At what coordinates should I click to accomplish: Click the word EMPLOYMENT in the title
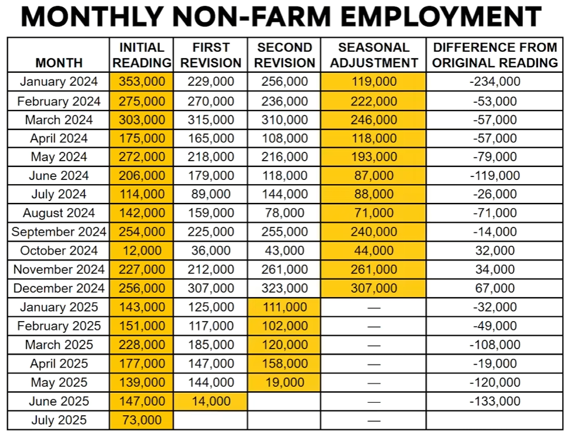click(x=440, y=17)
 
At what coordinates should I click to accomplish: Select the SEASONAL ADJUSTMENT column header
click(x=373, y=55)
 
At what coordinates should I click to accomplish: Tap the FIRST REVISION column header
click(x=211, y=55)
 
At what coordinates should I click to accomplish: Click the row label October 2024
click(x=59, y=251)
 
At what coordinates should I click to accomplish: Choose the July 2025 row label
click(x=59, y=420)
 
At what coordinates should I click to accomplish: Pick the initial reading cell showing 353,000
click(x=142, y=82)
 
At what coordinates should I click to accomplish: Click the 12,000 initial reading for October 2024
click(x=142, y=251)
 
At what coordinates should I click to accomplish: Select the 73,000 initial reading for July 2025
click(x=142, y=420)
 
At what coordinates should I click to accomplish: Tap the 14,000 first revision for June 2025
click(x=211, y=401)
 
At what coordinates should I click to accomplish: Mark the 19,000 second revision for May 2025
click(x=285, y=382)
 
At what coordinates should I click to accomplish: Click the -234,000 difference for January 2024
click(x=495, y=82)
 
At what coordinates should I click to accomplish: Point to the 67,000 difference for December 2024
click(x=495, y=288)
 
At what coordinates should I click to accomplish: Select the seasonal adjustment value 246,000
click(x=373, y=120)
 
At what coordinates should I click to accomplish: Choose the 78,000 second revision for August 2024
click(x=285, y=213)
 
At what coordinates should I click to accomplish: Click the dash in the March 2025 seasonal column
click(x=373, y=345)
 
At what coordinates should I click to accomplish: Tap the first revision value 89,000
click(x=211, y=194)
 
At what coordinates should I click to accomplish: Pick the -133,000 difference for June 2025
click(x=495, y=401)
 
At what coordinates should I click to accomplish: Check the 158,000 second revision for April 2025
click(x=285, y=363)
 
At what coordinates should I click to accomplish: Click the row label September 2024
click(x=59, y=232)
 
